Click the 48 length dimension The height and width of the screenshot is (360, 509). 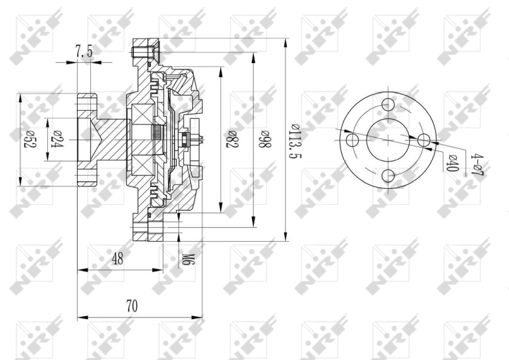[x=117, y=259]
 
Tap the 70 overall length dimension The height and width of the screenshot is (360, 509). [x=132, y=306]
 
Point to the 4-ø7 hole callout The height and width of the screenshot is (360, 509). [x=477, y=164]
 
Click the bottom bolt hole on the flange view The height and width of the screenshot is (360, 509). [x=389, y=176]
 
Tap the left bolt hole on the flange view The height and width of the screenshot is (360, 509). [x=352, y=140]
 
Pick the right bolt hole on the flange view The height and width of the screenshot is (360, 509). [x=424, y=140]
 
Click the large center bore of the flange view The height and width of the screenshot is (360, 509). [x=389, y=140]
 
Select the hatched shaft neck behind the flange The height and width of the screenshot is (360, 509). [x=111, y=139]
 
